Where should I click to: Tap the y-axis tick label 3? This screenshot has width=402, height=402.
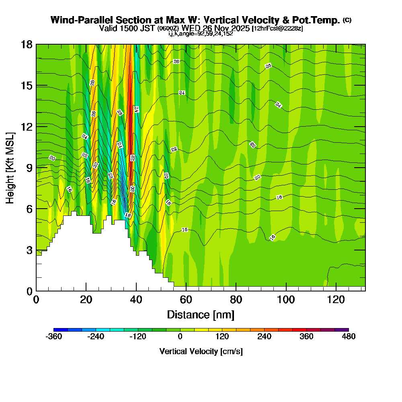click(x=29, y=250)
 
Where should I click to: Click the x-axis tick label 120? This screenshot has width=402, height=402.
click(x=335, y=299)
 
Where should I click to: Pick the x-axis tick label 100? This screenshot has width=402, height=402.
click(x=286, y=299)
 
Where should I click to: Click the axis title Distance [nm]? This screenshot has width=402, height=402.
click(x=201, y=314)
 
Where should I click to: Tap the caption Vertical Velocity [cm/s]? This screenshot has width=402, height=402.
click(x=201, y=351)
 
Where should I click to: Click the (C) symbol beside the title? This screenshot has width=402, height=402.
click(x=347, y=20)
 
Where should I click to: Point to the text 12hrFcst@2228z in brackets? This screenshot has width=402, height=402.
click(x=277, y=29)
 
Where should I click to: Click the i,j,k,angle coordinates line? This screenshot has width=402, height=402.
click(x=201, y=33)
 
